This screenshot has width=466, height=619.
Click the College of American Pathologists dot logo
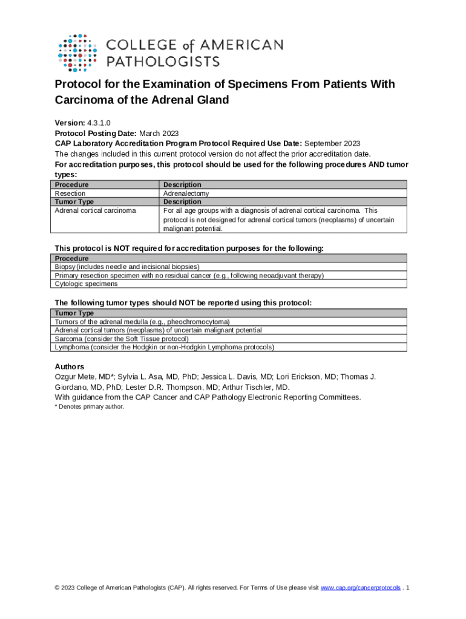click(77, 53)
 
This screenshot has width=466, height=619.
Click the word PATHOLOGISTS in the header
click(163, 61)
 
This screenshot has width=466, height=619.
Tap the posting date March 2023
click(159, 134)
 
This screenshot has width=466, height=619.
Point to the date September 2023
click(332, 143)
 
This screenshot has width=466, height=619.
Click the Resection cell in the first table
click(70, 193)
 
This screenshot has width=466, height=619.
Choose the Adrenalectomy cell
click(186, 193)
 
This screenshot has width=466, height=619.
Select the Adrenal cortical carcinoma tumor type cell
click(96, 210)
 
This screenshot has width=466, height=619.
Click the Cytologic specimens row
click(87, 284)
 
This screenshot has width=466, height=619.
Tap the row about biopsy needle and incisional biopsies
click(127, 267)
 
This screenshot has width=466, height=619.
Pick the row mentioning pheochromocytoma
click(142, 322)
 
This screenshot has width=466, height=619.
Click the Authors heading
click(70, 367)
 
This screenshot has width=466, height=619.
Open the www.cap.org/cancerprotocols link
click(360, 588)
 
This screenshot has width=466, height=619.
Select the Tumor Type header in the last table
click(74, 313)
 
